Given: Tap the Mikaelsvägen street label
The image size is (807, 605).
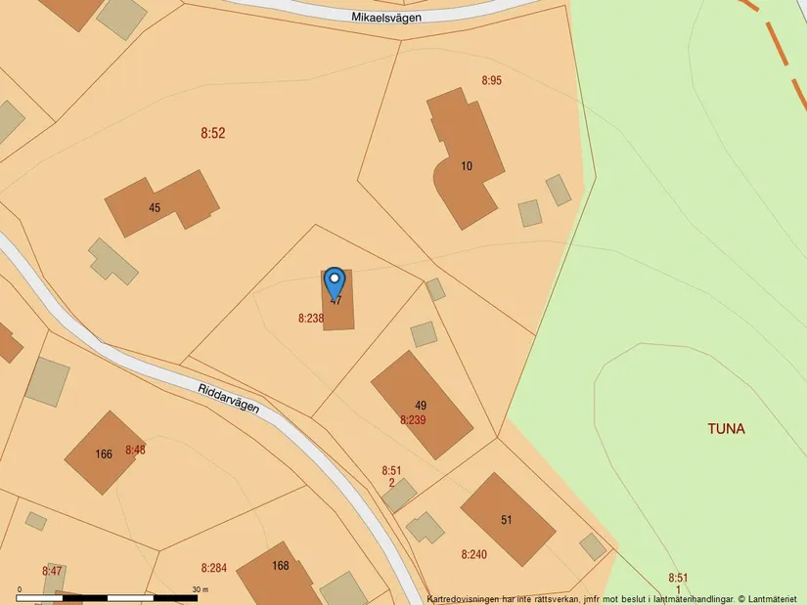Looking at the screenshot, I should point(392,17).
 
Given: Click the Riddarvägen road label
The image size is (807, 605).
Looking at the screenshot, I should point(228,398).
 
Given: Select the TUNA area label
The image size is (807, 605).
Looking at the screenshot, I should point(726,429).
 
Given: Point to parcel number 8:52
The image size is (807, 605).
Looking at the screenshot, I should point(212,133).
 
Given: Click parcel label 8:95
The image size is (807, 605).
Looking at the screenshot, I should point(491,80).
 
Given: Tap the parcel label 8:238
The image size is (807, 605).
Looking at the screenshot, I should point(310,319).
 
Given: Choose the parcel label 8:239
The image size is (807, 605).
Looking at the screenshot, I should point(413,420).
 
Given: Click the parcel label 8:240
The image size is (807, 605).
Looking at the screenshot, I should point(473,554).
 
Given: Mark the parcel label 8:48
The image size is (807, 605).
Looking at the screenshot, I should point(135,450).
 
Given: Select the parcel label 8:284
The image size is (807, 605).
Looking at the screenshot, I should point(213,568).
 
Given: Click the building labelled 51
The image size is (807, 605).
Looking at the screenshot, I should point(508,519).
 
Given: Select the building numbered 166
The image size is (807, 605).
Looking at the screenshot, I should point(104,453).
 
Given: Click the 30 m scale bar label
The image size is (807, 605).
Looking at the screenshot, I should point(201,589).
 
